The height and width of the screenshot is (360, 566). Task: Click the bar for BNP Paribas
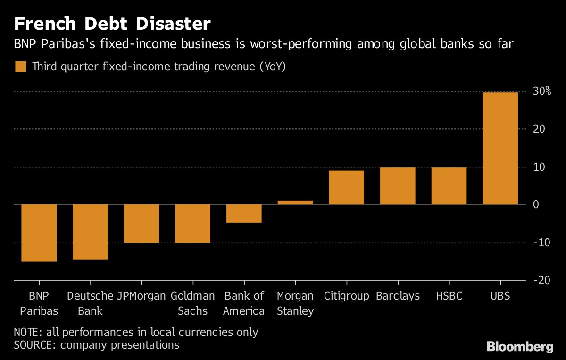click(39, 233)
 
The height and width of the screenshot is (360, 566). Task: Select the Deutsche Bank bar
click(90, 232)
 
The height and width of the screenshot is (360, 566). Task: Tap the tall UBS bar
click(500, 149)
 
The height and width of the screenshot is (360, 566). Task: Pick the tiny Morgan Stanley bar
click(295, 202)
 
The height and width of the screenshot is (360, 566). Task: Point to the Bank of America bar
click(244, 213)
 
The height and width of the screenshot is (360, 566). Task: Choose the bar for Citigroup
click(346, 187)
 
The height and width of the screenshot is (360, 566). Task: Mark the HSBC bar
click(449, 186)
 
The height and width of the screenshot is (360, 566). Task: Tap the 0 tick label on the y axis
click(536, 204)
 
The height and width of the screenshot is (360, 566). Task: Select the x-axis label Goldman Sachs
click(193, 303)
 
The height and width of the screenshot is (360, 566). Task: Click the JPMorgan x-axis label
click(141, 296)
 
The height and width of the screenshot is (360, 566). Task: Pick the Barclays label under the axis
click(398, 296)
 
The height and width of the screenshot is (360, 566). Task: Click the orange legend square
click(20, 67)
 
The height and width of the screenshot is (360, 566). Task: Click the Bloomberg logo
click(519, 347)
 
